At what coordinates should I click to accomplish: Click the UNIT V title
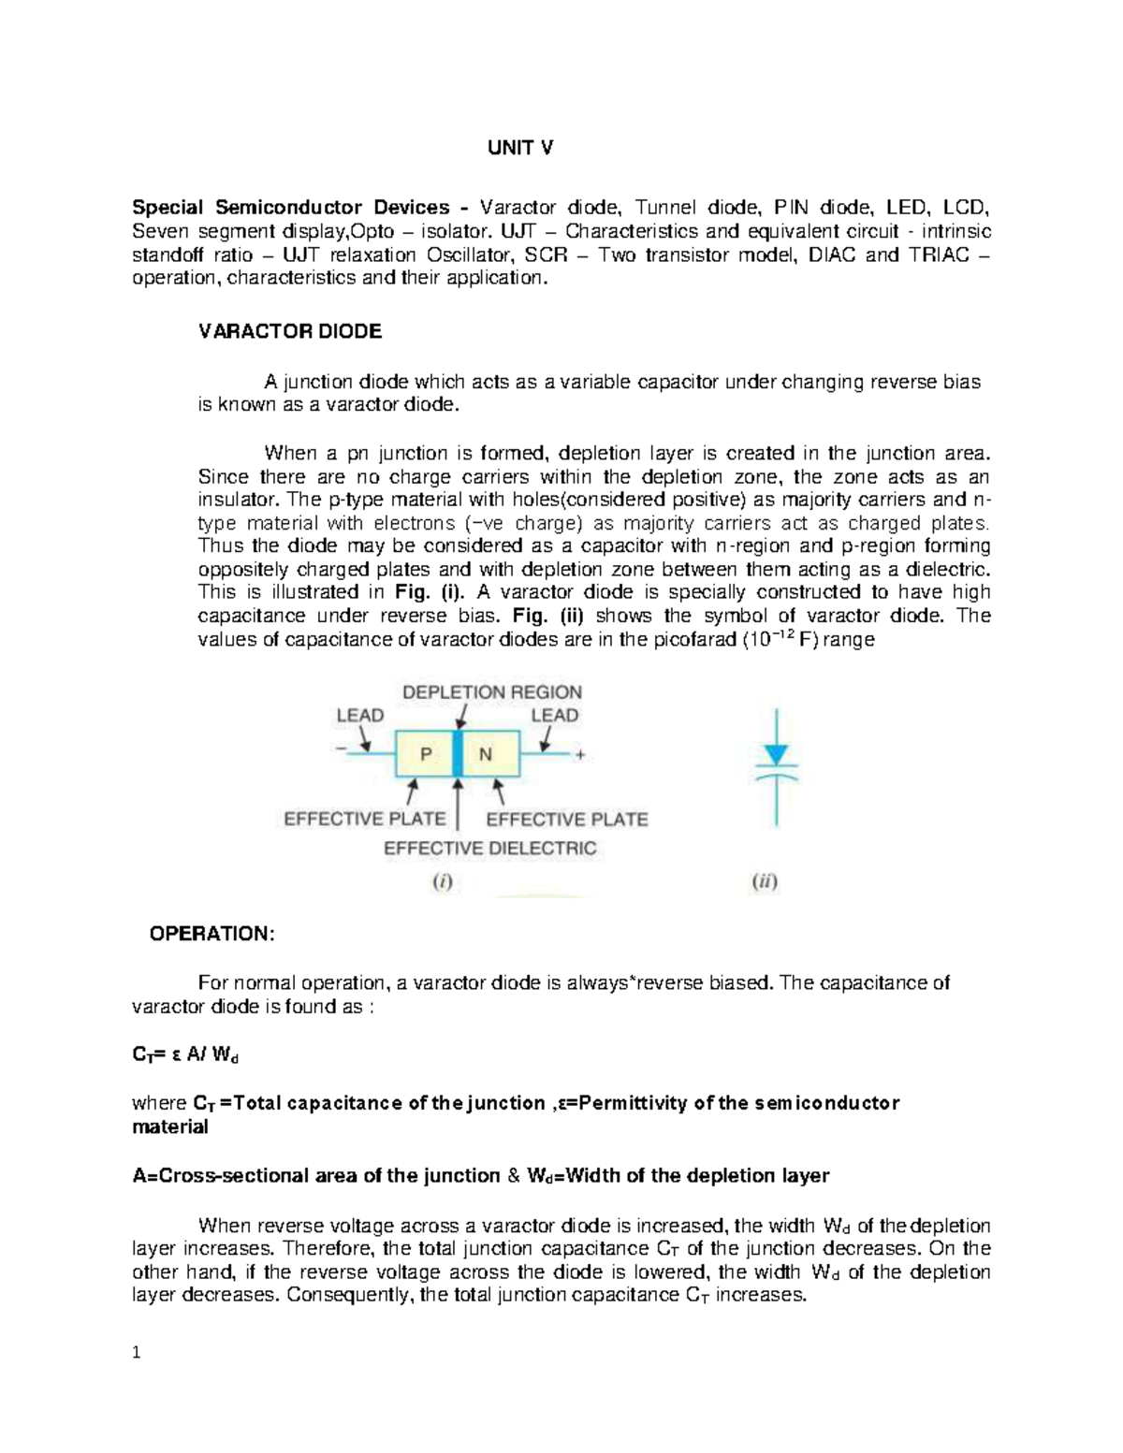point(519,148)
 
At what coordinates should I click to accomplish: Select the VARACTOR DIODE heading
point(290,331)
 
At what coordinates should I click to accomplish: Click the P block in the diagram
point(426,754)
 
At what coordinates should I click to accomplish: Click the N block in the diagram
point(486,754)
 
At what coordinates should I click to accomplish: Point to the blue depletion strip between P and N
point(458,754)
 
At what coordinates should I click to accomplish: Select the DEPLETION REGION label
point(492,692)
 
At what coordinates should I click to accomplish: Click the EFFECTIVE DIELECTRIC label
point(489,849)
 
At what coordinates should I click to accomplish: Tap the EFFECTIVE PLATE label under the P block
point(365,819)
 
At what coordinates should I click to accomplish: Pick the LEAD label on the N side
point(555,716)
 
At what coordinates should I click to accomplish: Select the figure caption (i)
point(442,881)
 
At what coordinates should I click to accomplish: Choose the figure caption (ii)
point(765,881)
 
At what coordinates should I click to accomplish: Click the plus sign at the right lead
point(580,756)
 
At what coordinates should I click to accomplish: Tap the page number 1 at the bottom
point(137,1352)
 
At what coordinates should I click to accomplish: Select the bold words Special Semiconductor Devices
point(299,208)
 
